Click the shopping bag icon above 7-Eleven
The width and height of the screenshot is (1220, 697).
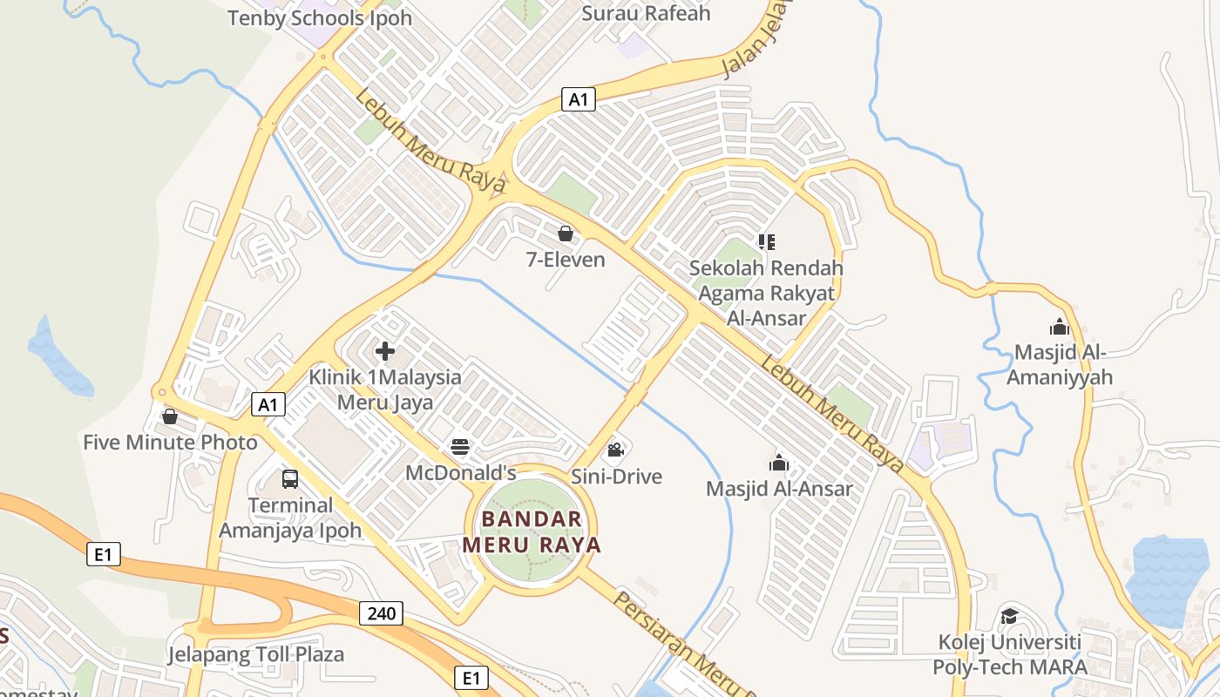pyautogui.click(x=566, y=233)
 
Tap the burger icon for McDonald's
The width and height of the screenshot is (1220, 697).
pyautogui.click(x=460, y=448)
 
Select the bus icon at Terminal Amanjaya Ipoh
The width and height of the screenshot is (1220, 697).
pyautogui.click(x=290, y=479)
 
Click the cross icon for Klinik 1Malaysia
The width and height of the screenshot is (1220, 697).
pyautogui.click(x=384, y=352)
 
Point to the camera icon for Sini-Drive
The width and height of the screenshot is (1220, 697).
pyautogui.click(x=615, y=450)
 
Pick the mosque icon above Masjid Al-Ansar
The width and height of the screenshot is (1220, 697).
pyautogui.click(x=779, y=463)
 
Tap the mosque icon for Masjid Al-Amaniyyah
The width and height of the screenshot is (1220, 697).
pyautogui.click(x=1060, y=327)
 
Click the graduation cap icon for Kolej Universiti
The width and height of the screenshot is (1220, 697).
pyautogui.click(x=1009, y=616)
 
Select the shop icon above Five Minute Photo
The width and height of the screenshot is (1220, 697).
pyautogui.click(x=170, y=416)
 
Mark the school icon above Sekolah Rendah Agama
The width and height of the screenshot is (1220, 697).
pyautogui.click(x=766, y=241)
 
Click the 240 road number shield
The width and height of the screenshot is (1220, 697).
pyautogui.click(x=381, y=613)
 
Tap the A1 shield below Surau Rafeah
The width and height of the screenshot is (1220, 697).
pyautogui.click(x=578, y=99)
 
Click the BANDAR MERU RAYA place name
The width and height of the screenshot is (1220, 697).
pyautogui.click(x=532, y=532)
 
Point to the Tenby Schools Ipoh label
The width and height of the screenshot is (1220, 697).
pyautogui.click(x=320, y=17)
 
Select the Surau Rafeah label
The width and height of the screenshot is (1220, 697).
pyautogui.click(x=646, y=13)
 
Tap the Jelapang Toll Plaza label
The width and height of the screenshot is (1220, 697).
pyautogui.click(x=256, y=654)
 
